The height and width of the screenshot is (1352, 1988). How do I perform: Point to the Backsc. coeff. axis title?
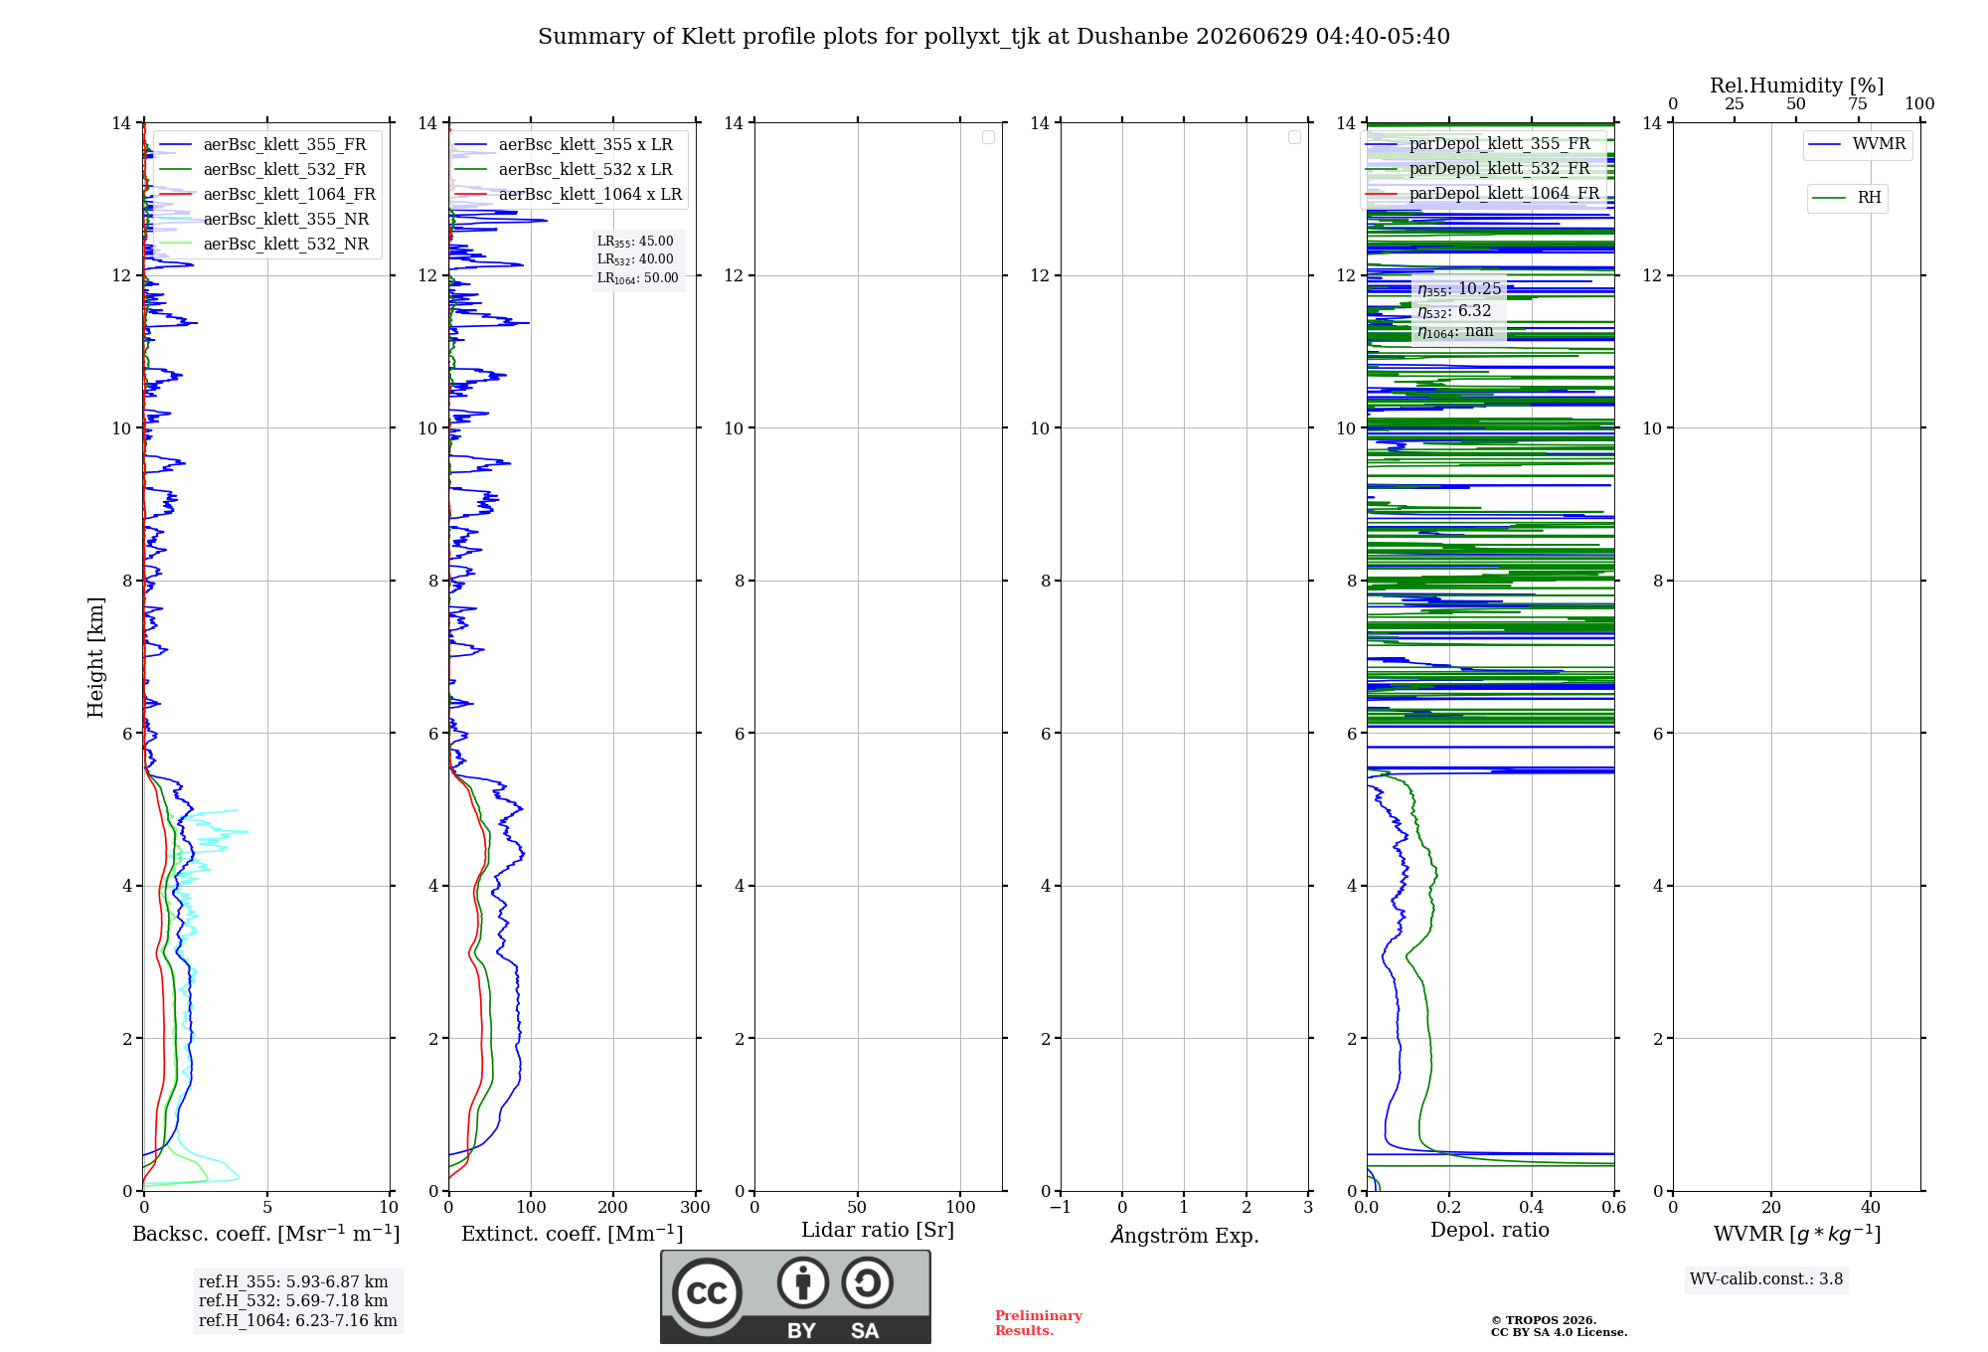[266, 1234]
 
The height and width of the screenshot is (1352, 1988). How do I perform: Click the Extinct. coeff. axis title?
[573, 1234]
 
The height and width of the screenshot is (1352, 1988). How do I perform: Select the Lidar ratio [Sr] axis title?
[878, 1231]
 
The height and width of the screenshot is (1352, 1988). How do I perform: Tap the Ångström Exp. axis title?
[1185, 1235]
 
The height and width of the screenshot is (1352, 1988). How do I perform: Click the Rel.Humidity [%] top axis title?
[1797, 85]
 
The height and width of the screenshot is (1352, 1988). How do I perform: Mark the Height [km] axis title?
[95, 657]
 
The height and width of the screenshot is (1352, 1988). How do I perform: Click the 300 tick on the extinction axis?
[695, 1207]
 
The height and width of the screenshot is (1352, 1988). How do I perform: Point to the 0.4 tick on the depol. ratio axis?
[1532, 1207]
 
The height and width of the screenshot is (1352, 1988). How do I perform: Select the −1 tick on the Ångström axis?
[1061, 1207]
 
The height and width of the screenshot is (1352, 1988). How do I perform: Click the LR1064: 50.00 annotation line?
[638, 278]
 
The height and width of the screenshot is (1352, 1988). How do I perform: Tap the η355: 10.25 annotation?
[1459, 289]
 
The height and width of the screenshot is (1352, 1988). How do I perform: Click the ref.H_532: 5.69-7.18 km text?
[293, 1300]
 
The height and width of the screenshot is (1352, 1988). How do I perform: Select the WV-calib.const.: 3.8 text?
[1766, 1279]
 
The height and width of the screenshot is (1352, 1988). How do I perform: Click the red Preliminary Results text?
[1039, 1323]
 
